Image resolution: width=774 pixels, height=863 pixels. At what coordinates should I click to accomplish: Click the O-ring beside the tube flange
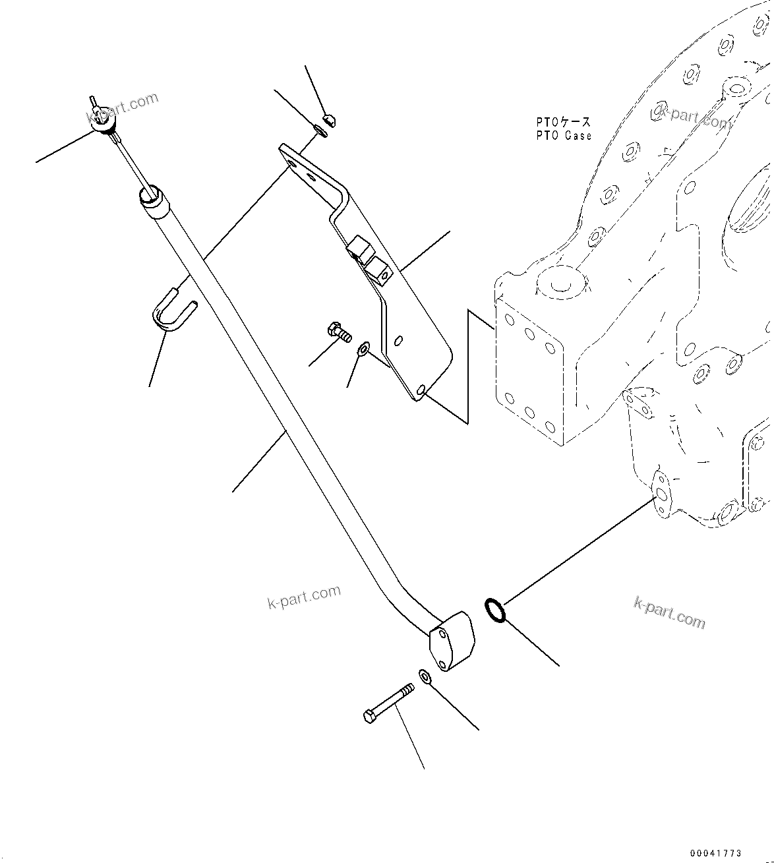point(495,610)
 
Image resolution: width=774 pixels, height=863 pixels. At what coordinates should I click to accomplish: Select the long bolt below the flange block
point(388,703)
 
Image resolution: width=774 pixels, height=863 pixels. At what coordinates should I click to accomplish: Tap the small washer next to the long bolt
point(425,676)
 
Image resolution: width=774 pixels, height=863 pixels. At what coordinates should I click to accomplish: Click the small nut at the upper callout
point(330,119)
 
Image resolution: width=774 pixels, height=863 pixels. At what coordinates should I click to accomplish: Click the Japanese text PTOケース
point(563,123)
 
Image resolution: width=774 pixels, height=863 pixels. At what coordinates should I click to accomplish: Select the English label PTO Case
point(563,136)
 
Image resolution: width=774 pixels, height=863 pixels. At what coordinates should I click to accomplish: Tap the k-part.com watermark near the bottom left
point(304,597)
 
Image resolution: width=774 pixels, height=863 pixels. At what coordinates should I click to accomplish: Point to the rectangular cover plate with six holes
point(529,372)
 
